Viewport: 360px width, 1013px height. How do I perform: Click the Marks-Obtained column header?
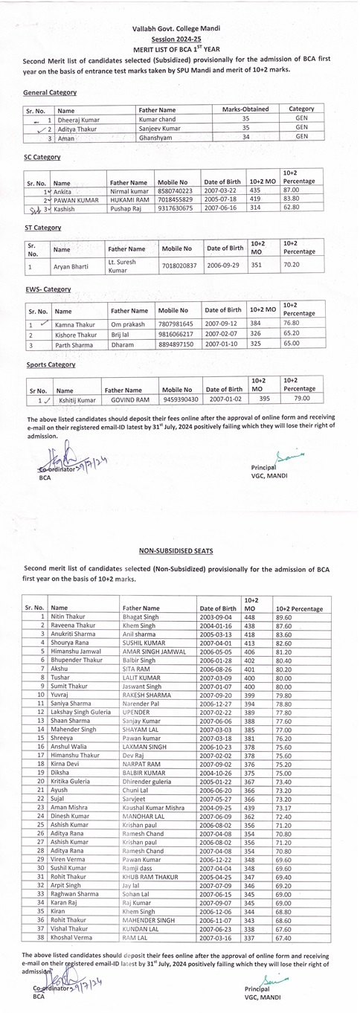(x=245, y=109)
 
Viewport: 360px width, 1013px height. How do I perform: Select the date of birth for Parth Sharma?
(x=222, y=345)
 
